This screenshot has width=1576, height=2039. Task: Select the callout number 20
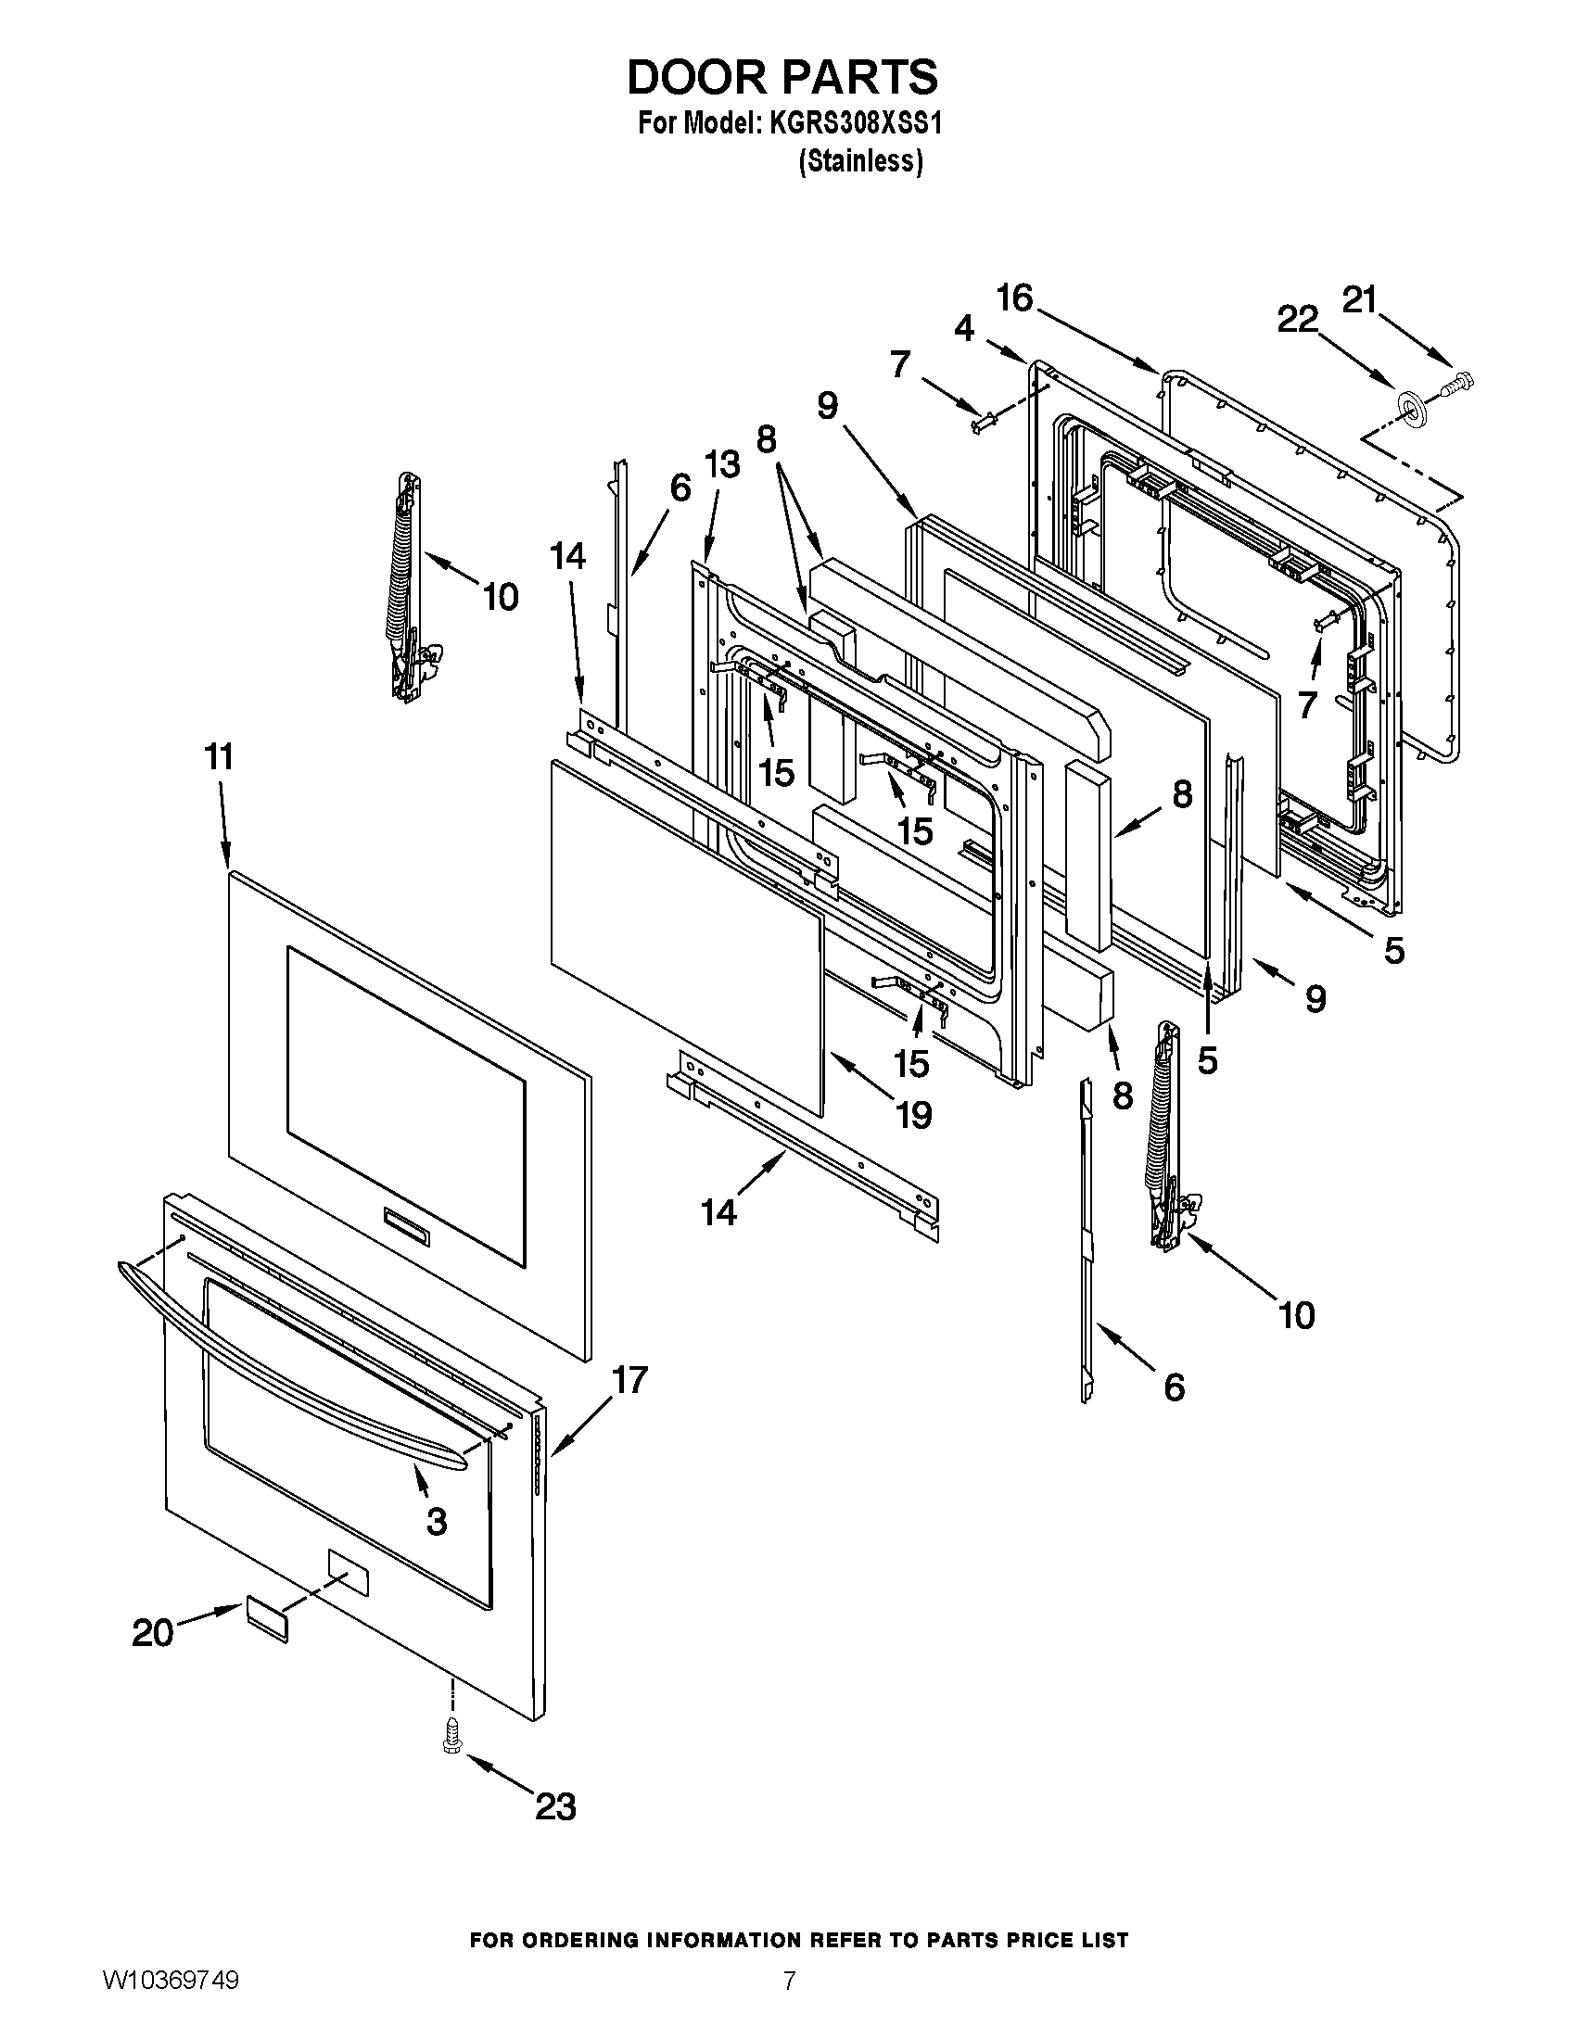(153, 1633)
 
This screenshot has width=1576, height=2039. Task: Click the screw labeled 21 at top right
(1461, 381)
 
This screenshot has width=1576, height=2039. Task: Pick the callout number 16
(1015, 298)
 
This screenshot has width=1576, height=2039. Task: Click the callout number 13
(721, 464)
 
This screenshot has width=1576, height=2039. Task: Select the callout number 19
(913, 1115)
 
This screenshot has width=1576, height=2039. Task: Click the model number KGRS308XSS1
(856, 124)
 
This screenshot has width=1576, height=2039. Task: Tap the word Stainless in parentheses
(861, 161)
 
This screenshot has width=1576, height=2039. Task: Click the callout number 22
(1298, 321)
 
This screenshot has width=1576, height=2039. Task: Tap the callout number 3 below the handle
(436, 1521)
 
